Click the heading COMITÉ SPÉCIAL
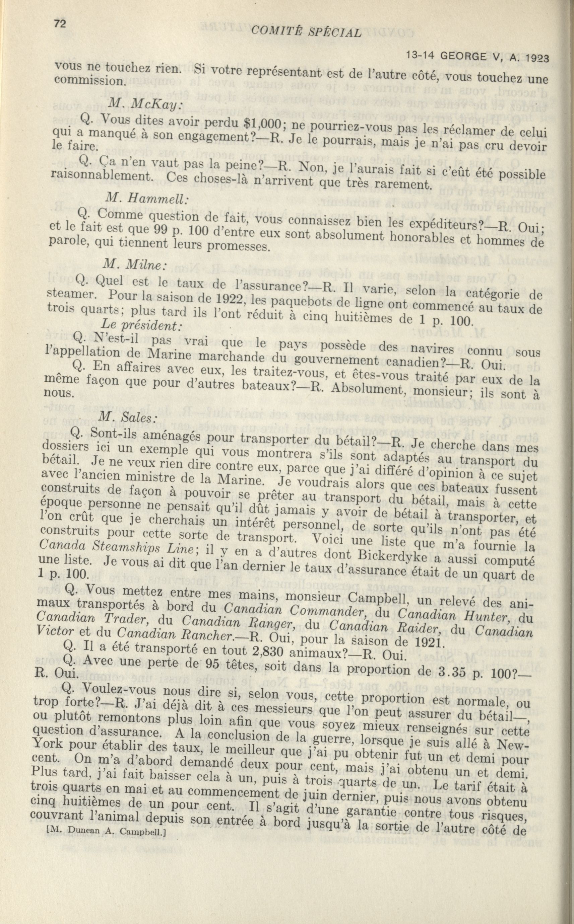pos(306,32)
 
